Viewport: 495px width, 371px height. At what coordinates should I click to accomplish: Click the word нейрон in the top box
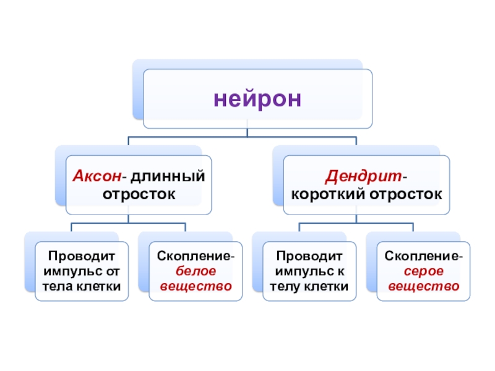[x=257, y=98]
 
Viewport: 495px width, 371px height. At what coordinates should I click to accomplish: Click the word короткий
[x=329, y=194]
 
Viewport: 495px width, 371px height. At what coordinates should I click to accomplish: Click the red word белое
[x=196, y=271]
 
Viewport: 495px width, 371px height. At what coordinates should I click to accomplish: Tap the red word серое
[x=423, y=271]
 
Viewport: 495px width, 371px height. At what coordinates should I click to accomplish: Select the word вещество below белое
[x=196, y=286]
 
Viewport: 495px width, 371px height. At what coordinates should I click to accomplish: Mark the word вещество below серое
[x=423, y=286]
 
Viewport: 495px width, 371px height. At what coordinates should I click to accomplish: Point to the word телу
[x=285, y=286]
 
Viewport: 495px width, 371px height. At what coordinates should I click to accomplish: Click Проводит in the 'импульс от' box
[x=82, y=255]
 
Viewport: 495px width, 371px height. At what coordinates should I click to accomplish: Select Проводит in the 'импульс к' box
[x=309, y=255]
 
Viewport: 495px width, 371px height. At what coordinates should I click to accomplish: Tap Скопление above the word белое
[x=195, y=255]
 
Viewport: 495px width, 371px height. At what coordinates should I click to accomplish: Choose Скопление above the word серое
[x=421, y=255]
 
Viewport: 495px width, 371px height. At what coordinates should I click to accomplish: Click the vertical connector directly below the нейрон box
[x=247, y=132]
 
